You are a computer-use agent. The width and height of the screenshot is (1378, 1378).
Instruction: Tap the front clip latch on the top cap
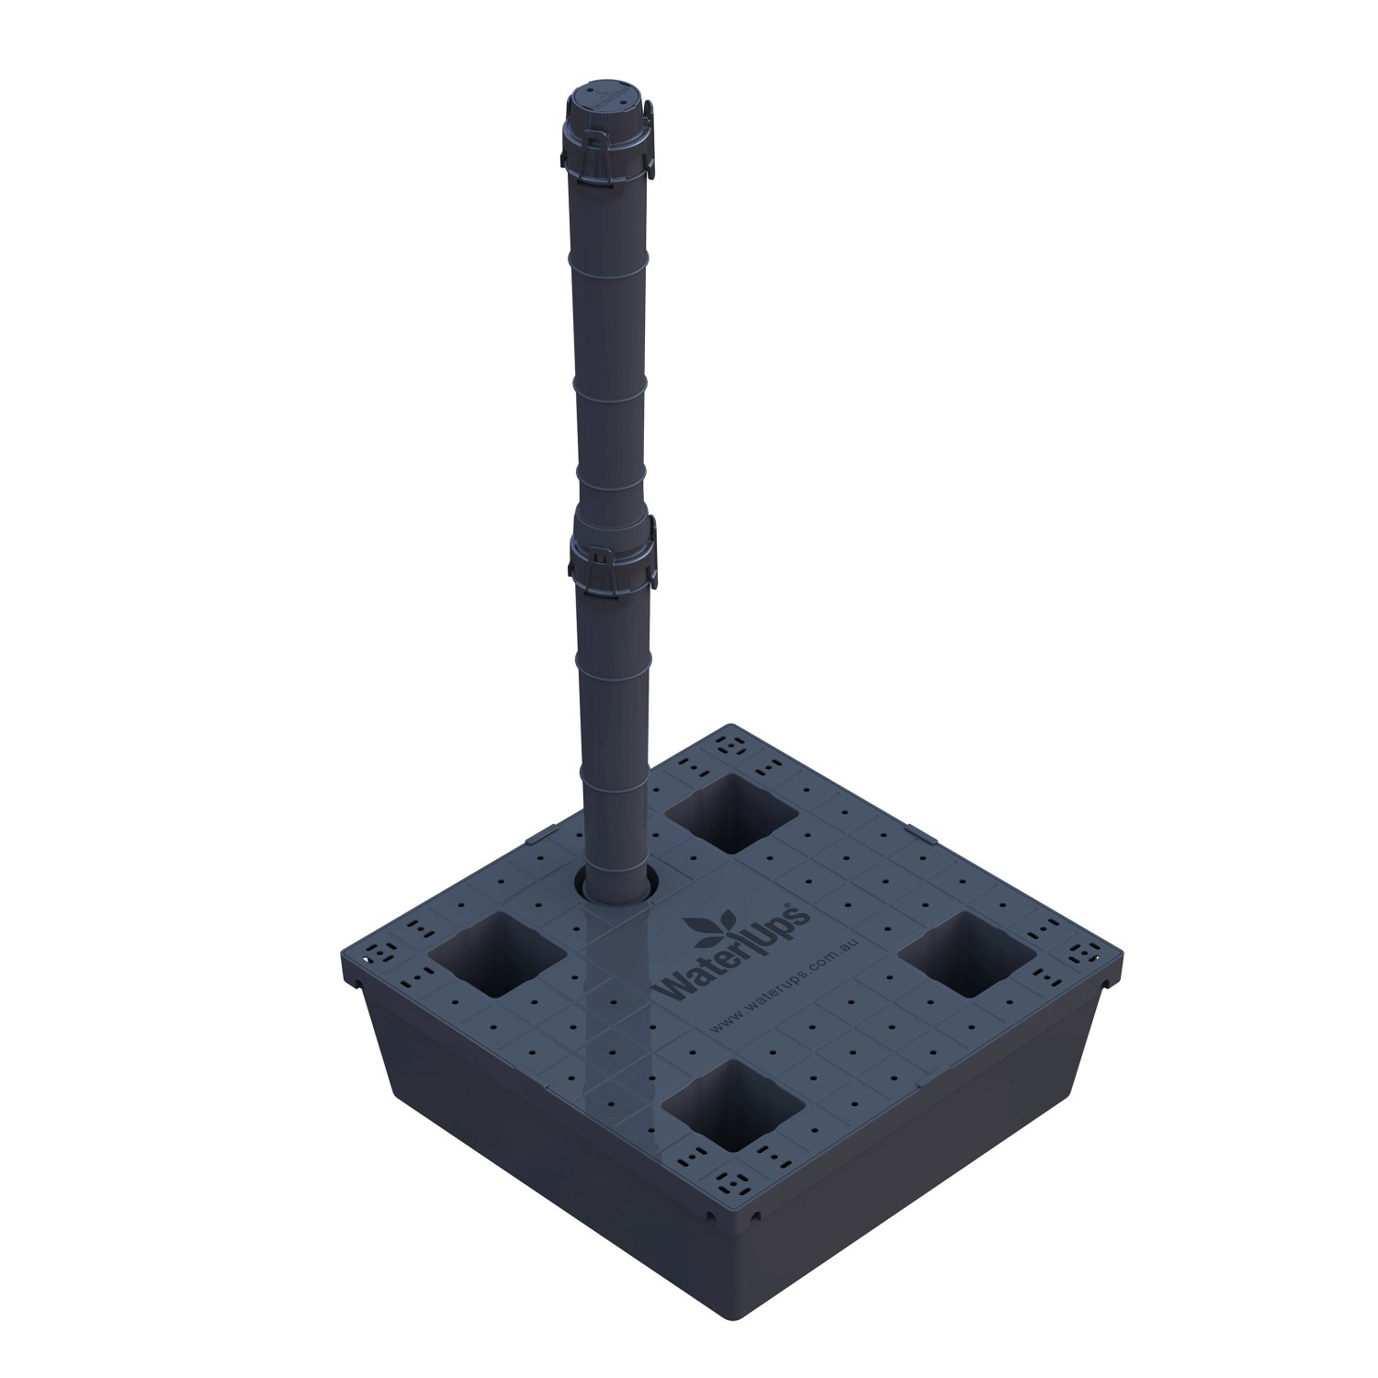click(597, 142)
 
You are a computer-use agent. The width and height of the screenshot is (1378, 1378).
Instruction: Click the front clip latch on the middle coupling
click(602, 560)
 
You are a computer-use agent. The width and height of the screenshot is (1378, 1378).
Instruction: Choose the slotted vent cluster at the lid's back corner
click(730, 744)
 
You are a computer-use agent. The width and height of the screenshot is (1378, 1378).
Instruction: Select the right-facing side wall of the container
click(919, 1148)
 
